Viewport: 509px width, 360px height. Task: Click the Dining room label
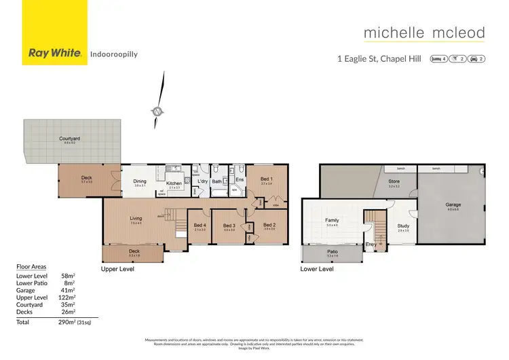click(x=140, y=181)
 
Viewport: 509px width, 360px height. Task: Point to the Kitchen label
click(x=174, y=183)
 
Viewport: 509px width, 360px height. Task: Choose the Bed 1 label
click(x=266, y=181)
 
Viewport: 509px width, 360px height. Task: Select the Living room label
click(x=136, y=218)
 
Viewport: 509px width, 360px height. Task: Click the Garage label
click(x=453, y=204)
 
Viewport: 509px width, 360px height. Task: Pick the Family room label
click(x=333, y=220)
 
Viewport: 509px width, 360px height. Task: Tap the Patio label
click(x=333, y=253)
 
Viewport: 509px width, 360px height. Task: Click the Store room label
click(x=394, y=181)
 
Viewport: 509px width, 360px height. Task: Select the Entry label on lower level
click(x=371, y=244)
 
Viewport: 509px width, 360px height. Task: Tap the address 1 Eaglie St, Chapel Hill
click(x=378, y=59)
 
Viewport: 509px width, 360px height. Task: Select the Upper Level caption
click(x=117, y=269)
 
